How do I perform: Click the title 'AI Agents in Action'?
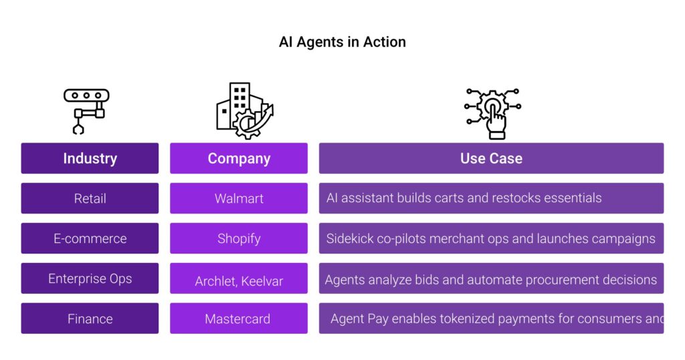(x=342, y=42)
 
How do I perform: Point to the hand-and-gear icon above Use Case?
(x=492, y=112)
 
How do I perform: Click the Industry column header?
(x=90, y=159)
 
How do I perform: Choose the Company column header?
(x=239, y=159)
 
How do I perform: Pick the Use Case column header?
(x=491, y=159)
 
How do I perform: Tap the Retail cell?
(x=90, y=198)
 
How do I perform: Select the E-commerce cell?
(x=90, y=238)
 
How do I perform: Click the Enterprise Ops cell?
(x=90, y=278)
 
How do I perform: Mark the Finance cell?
(x=90, y=319)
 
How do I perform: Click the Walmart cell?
(x=239, y=198)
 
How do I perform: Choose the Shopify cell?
(x=239, y=238)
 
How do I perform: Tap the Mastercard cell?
(x=239, y=319)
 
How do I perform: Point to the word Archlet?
(x=215, y=281)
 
